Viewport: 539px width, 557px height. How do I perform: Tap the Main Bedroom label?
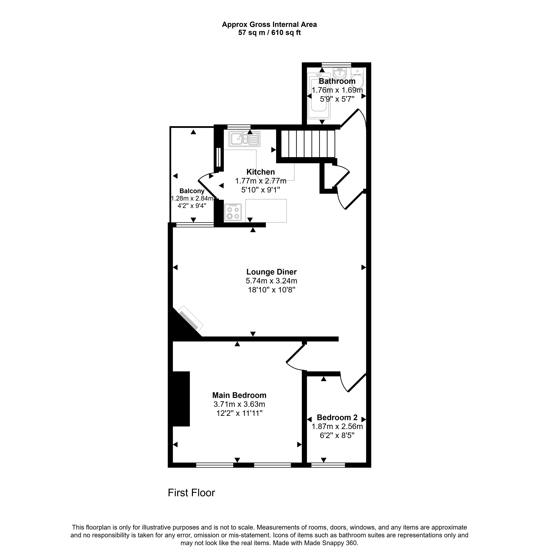239,395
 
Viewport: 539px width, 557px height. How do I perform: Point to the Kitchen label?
260,172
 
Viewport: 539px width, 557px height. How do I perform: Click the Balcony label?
192,191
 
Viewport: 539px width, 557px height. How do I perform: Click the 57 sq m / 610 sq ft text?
269,33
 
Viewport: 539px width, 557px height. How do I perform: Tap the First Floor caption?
191,492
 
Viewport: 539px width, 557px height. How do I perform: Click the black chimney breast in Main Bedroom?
181,399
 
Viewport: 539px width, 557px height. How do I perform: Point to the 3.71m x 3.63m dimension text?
239,404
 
